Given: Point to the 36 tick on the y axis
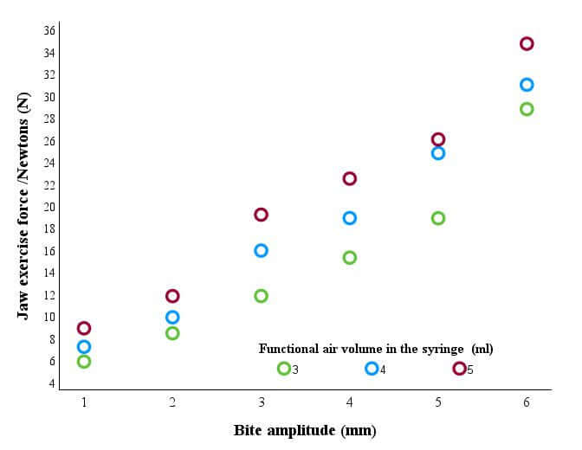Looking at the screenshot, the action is click(49, 30).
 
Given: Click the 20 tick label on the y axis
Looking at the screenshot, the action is click(49, 207).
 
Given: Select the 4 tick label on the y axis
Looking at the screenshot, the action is click(52, 382).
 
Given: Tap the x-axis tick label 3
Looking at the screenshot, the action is click(262, 402).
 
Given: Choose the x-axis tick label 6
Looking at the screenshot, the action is click(527, 402).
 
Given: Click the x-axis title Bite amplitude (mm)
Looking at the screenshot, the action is click(305, 431).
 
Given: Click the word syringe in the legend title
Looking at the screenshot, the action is click(443, 349).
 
